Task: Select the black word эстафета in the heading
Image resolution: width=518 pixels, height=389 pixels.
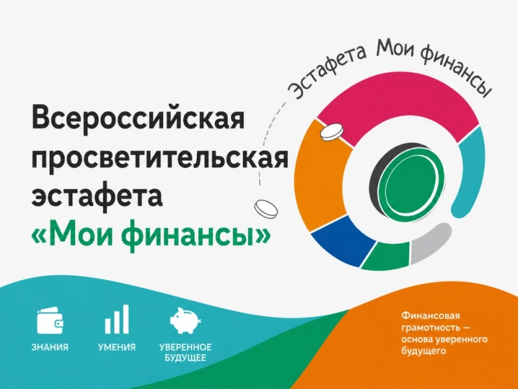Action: (x=97, y=196)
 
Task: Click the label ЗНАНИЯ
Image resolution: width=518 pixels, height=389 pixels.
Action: (x=50, y=348)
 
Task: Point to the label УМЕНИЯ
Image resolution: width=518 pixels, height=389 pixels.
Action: (x=117, y=348)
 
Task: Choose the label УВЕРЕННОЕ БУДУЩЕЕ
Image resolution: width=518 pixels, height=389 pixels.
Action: (x=185, y=352)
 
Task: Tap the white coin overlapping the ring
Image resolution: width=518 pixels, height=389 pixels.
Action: (x=332, y=132)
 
